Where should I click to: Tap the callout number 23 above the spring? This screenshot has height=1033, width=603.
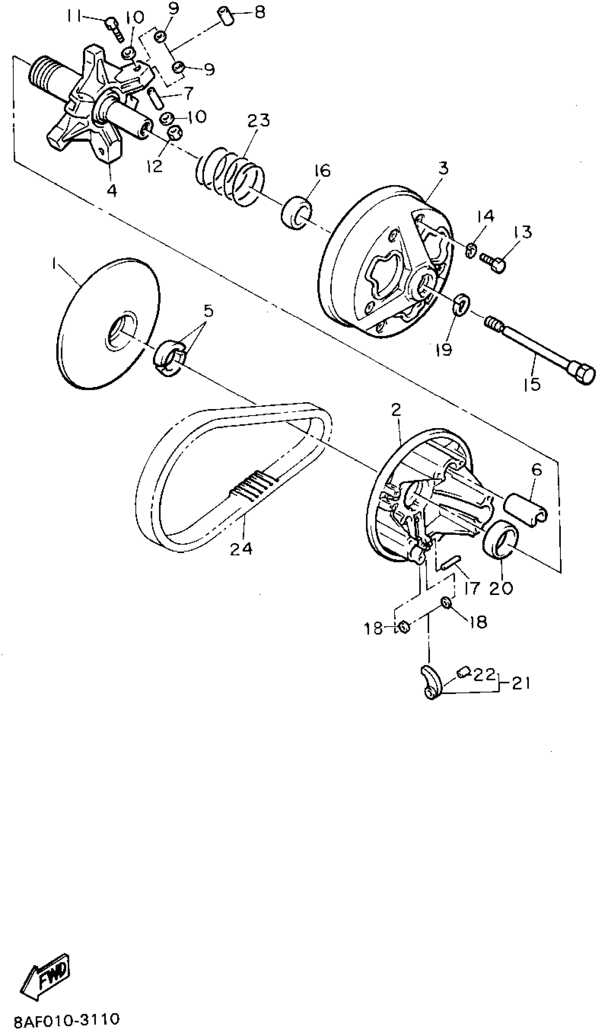(259, 121)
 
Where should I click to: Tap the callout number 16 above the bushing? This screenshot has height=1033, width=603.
(322, 170)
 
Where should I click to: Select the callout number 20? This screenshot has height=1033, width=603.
(501, 588)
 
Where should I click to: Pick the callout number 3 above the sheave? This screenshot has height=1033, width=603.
(443, 168)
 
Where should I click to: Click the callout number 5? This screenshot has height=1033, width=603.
(209, 312)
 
